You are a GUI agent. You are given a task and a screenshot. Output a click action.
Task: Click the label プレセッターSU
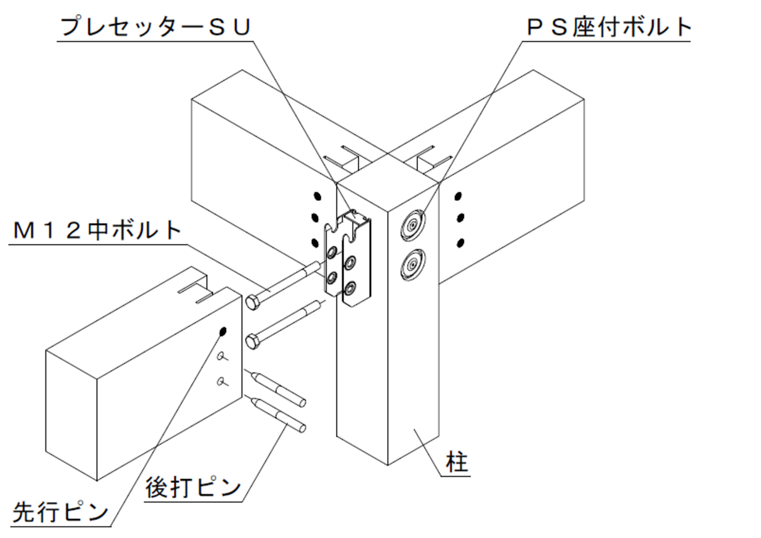[x=155, y=27]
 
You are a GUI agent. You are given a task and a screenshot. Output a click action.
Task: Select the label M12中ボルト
[x=97, y=230]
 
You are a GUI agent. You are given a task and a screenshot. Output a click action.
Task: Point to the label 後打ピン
[x=193, y=487]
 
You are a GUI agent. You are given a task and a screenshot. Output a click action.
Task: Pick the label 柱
[x=456, y=462]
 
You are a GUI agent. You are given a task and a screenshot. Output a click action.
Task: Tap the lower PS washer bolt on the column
[x=412, y=265]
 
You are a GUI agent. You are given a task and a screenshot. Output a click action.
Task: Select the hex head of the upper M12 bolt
[x=252, y=302]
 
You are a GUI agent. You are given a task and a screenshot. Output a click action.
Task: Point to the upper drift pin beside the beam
[x=279, y=388]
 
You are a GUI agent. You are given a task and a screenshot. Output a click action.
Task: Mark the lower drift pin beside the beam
[x=279, y=414]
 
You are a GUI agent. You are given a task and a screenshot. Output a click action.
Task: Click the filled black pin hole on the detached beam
[x=222, y=331]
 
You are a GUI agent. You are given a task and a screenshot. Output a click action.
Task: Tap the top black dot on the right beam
[x=459, y=197]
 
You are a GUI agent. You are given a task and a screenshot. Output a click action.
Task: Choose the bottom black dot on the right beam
[x=460, y=243]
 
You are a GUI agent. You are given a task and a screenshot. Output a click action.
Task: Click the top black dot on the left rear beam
[x=318, y=196]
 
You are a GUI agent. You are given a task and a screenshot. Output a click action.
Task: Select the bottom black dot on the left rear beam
[x=314, y=242]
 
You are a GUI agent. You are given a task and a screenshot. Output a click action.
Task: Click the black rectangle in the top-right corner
[x=731, y=104]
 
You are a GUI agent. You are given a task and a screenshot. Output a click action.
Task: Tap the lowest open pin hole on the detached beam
[x=221, y=381]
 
